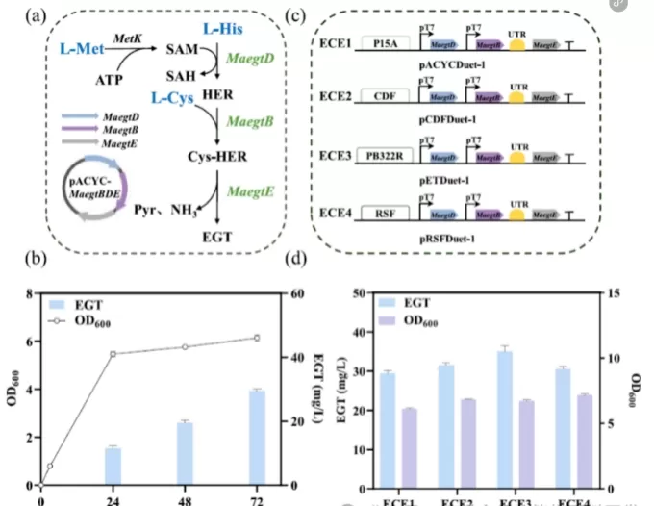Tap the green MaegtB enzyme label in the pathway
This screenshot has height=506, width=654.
(250, 121)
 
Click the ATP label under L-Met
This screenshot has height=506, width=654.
(108, 82)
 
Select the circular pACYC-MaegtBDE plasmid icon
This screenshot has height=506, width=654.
(92, 188)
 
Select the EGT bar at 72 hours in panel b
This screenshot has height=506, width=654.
(257, 438)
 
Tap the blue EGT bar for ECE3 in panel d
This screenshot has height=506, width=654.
(505, 417)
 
